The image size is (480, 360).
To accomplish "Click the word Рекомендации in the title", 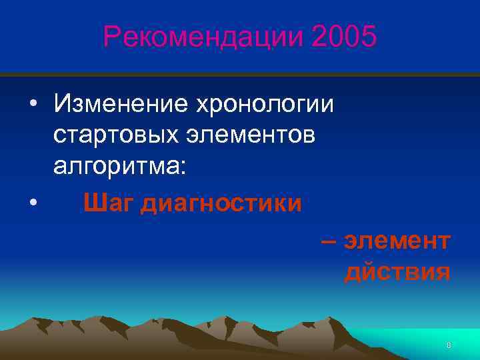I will pos(202,37).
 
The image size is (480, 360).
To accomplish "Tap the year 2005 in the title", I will pos(343,37).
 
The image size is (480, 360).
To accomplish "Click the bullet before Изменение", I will pos(33,105).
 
